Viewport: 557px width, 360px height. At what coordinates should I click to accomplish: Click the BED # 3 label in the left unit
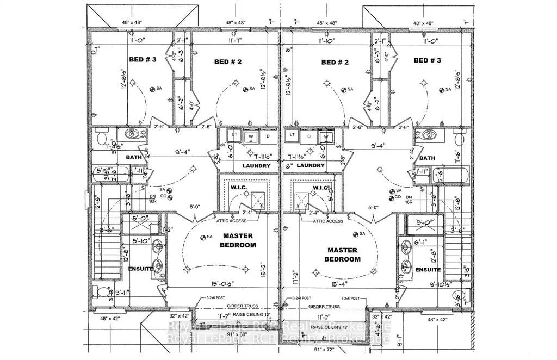(x=143, y=60)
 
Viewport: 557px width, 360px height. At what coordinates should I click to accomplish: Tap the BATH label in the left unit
(x=133, y=157)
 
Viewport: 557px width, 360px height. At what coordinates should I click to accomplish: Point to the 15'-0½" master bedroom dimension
(x=208, y=282)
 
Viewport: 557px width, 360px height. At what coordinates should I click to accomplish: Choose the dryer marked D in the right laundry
(x=311, y=135)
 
